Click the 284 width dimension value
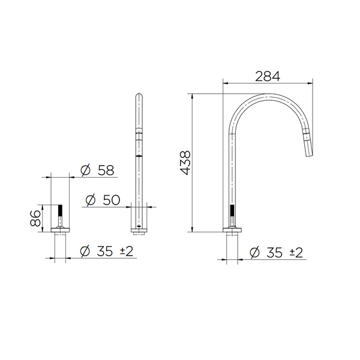[x=268, y=76]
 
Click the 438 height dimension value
[x=185, y=163]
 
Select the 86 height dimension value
[x=35, y=218]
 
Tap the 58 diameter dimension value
[x=106, y=170]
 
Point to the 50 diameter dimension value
[x=112, y=200]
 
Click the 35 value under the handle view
[x=104, y=251]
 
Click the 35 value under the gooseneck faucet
[x=275, y=253]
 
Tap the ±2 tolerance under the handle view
[x=127, y=251]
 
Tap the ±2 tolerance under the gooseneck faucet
[x=296, y=253]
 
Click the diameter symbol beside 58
[x=86, y=170]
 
